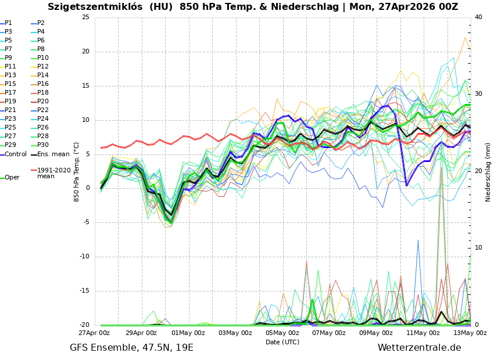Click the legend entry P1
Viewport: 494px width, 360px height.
(x=8, y=23)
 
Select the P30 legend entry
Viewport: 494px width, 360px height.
(x=43, y=145)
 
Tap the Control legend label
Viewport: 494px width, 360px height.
(x=16, y=154)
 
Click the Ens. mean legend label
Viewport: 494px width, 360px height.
(x=53, y=154)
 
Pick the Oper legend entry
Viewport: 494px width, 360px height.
(x=12, y=178)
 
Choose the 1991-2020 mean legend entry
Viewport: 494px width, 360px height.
(x=53, y=173)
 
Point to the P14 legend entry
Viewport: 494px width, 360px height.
(x=43, y=75)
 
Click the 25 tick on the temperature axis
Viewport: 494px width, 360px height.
(x=85, y=17)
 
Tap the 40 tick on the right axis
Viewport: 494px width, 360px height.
(x=478, y=17)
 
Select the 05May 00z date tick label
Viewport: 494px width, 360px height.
(x=282, y=333)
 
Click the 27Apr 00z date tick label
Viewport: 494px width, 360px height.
(x=94, y=333)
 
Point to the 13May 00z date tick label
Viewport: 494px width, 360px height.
(x=470, y=333)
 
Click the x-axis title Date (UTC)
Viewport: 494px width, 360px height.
(x=282, y=342)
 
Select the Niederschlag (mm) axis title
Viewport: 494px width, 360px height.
(x=488, y=172)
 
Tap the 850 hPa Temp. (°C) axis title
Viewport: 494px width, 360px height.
(x=77, y=172)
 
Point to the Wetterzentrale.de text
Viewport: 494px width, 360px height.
(x=419, y=348)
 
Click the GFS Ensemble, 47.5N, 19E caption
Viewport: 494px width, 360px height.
(x=131, y=348)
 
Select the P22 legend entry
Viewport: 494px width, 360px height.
(x=43, y=110)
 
